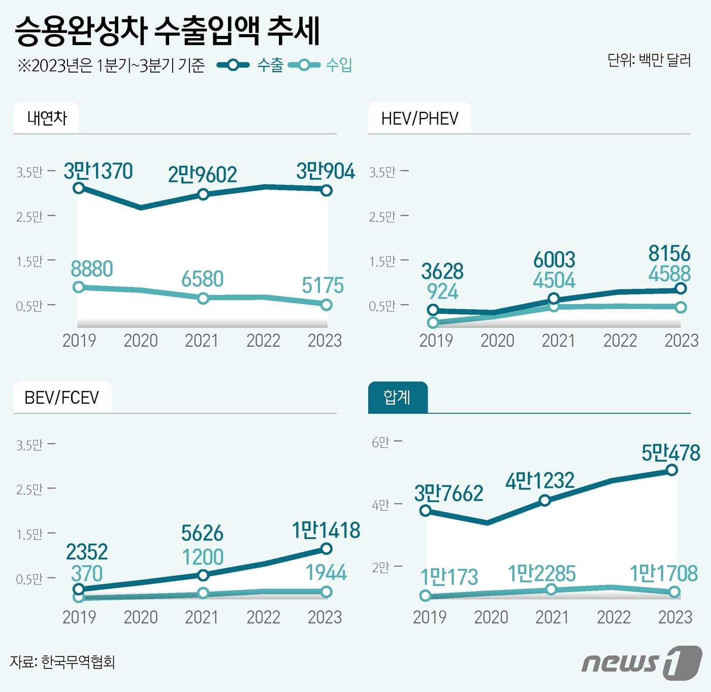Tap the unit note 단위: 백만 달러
coord(649,60)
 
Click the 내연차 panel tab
coord(47,118)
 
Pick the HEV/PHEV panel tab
coord(419,118)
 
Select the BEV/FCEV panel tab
coord(62,397)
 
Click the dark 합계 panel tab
coord(397,397)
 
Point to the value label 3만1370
coord(98,171)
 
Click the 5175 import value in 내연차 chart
coord(322,285)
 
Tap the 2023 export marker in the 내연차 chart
coord(327,190)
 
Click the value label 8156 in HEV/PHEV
coord(669,253)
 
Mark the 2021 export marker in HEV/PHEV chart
coord(554,299)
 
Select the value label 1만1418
coord(326,531)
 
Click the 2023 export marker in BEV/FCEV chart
coord(327,548)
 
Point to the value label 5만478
coord(670,452)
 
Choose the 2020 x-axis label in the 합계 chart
coord(491,617)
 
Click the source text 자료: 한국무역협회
coord(62,662)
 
